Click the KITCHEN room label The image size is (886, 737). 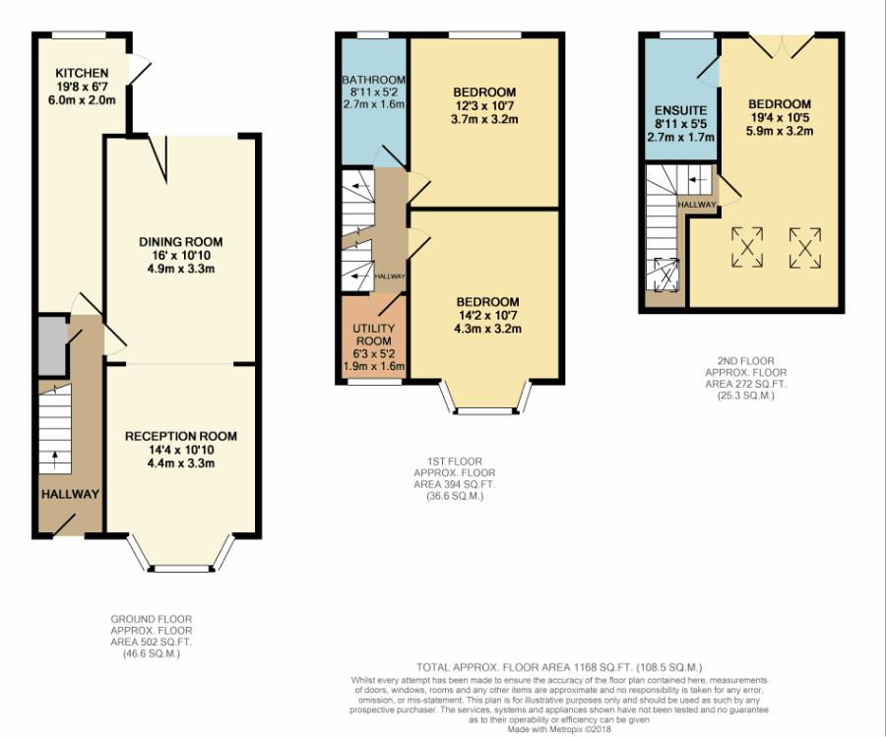pyautogui.click(x=82, y=73)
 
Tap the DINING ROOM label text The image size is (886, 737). pyautogui.click(x=181, y=242)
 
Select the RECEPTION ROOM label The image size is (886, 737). pyautogui.click(x=181, y=436)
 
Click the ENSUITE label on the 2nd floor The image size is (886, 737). pyautogui.click(x=680, y=110)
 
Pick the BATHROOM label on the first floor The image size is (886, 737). pyautogui.click(x=373, y=81)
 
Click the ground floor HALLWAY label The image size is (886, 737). pyautogui.click(x=70, y=494)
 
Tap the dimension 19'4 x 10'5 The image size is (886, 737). pyautogui.click(x=780, y=117)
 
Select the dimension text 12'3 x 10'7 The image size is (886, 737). pyautogui.click(x=484, y=105)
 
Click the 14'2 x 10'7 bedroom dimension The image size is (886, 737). pyautogui.click(x=487, y=315)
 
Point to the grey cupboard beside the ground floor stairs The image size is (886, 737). pyautogui.click(x=52, y=345)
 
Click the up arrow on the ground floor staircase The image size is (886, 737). pyautogui.click(x=55, y=460)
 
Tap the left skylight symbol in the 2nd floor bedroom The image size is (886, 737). pyautogui.click(x=747, y=247)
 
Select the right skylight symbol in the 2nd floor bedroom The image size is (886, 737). pyautogui.click(x=805, y=247)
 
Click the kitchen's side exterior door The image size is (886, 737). pyautogui.click(x=139, y=70)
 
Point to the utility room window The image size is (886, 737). pyautogui.click(x=374, y=382)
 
